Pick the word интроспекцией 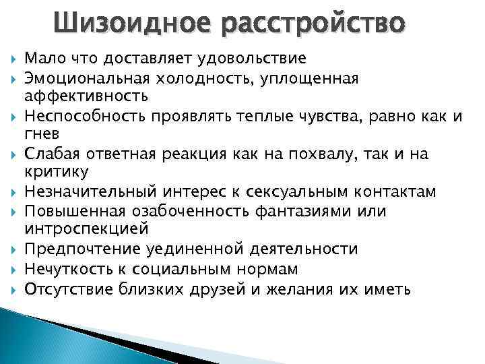(87, 229)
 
